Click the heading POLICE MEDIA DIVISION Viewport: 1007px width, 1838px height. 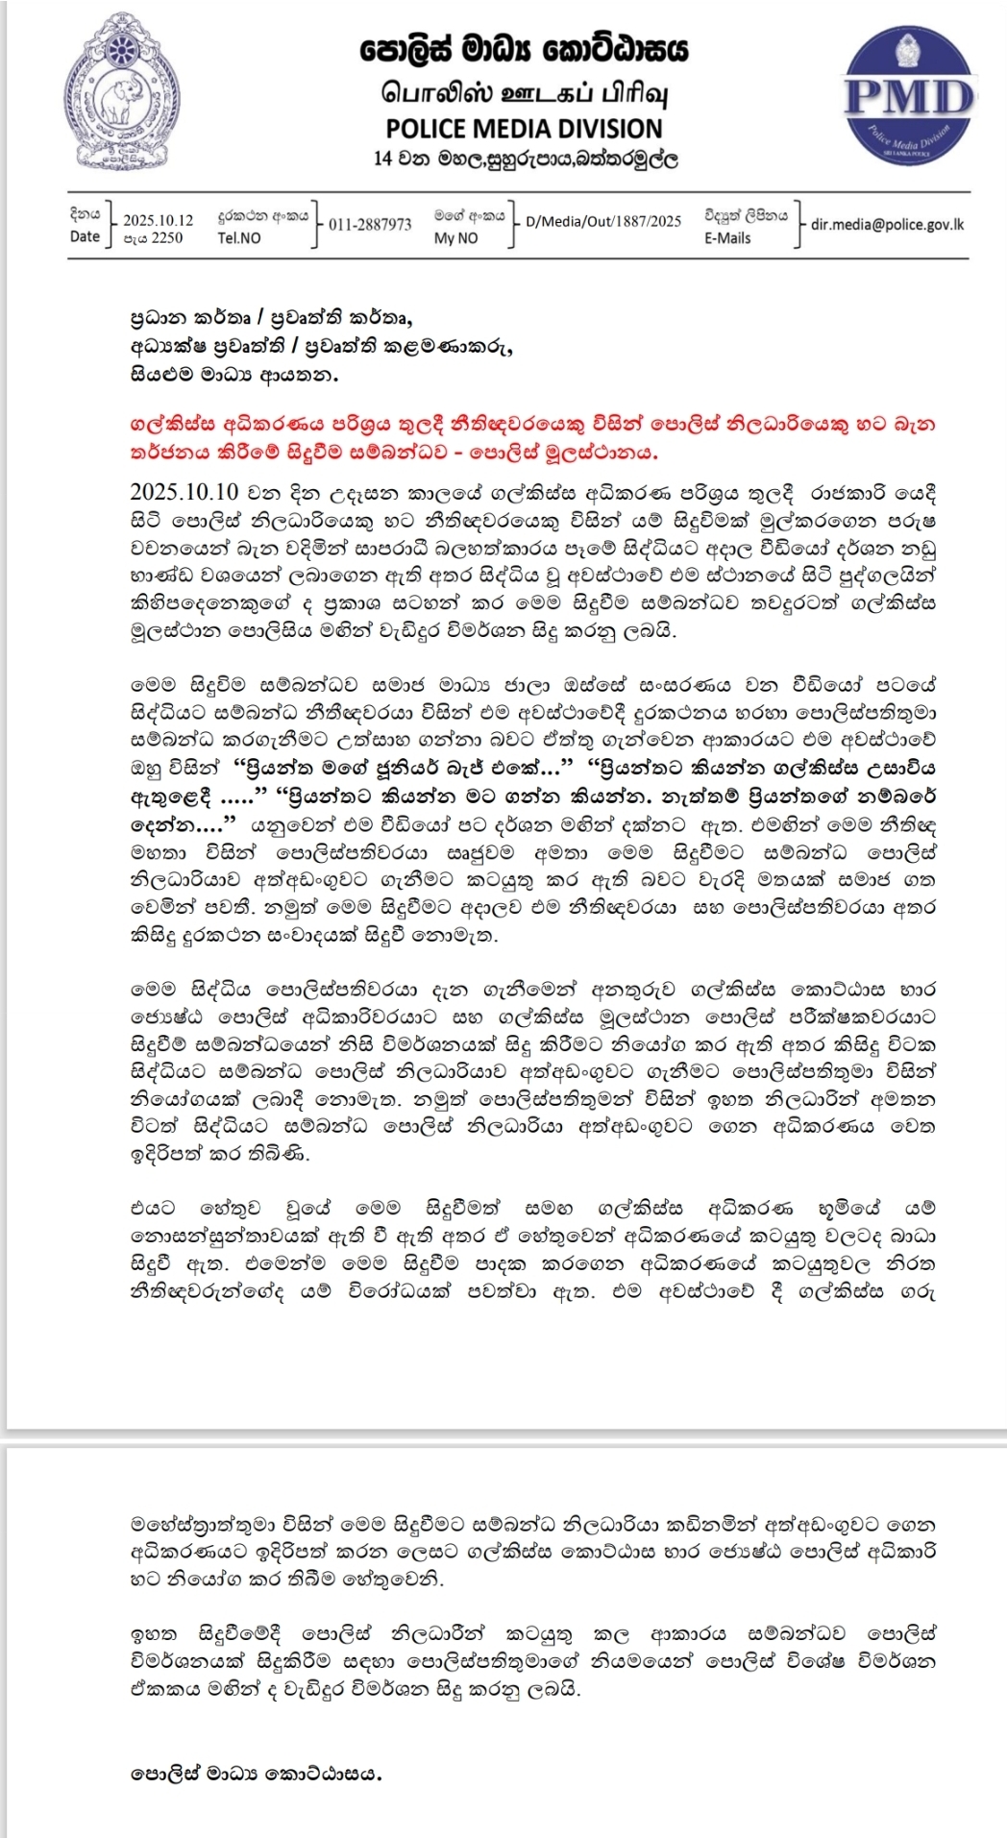[x=524, y=129]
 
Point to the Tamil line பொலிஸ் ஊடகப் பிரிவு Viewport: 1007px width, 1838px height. [x=524, y=94]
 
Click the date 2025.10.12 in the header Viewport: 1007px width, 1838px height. [x=158, y=220]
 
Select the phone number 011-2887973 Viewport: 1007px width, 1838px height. [x=370, y=225]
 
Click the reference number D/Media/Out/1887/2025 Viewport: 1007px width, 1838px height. [x=603, y=221]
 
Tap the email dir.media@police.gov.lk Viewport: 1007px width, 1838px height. [x=887, y=224]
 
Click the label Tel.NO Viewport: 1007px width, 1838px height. [x=239, y=238]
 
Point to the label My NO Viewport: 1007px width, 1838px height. [x=455, y=238]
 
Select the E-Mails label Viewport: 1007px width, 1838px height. [x=727, y=238]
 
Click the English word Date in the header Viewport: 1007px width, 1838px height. [x=85, y=236]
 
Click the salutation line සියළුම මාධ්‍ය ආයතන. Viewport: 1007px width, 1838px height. [x=233, y=375]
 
